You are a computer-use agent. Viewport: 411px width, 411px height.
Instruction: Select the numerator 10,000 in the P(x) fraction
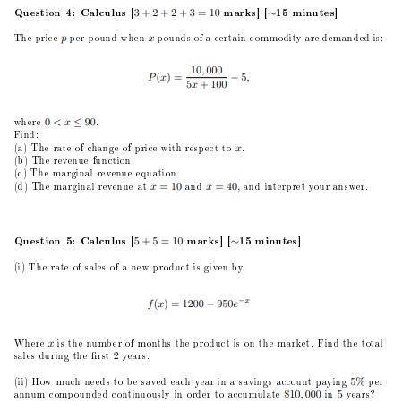coord(207,69)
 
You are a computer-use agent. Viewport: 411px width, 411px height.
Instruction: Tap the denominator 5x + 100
coord(207,85)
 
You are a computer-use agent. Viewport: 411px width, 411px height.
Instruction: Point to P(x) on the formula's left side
coord(160,77)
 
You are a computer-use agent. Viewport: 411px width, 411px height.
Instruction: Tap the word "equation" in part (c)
coord(154,173)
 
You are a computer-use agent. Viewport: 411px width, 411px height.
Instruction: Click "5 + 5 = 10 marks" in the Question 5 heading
coord(160,241)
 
